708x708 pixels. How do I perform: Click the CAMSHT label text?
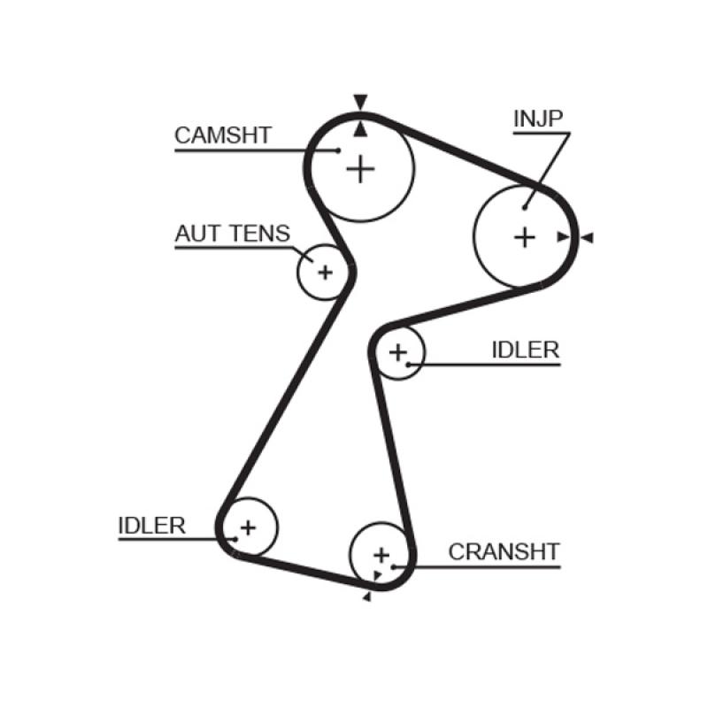[222, 135]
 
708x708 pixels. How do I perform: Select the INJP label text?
[538, 119]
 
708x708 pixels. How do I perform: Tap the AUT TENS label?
[232, 234]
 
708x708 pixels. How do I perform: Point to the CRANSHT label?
[504, 552]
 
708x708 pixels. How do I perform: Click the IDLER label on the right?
[526, 350]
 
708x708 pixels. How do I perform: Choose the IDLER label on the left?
[151, 525]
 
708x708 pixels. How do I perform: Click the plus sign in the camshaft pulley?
[360, 168]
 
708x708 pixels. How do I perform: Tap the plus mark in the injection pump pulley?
[525, 236]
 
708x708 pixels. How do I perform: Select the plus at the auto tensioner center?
[325, 272]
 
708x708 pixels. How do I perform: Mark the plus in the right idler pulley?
[398, 352]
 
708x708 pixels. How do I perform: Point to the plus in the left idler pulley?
[248, 527]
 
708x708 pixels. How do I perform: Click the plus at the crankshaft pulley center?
[381, 555]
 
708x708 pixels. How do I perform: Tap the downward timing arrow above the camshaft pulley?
[359, 102]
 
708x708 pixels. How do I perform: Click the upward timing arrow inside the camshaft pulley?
[359, 129]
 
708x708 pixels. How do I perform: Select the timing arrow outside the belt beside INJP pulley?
[587, 237]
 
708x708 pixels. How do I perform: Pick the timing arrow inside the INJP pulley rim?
[562, 236]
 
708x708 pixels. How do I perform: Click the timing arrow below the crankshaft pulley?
[366, 597]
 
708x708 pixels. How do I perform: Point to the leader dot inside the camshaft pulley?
[339, 150]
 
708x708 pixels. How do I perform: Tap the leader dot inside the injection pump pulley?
[525, 208]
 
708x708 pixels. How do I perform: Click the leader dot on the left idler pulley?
[235, 537]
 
